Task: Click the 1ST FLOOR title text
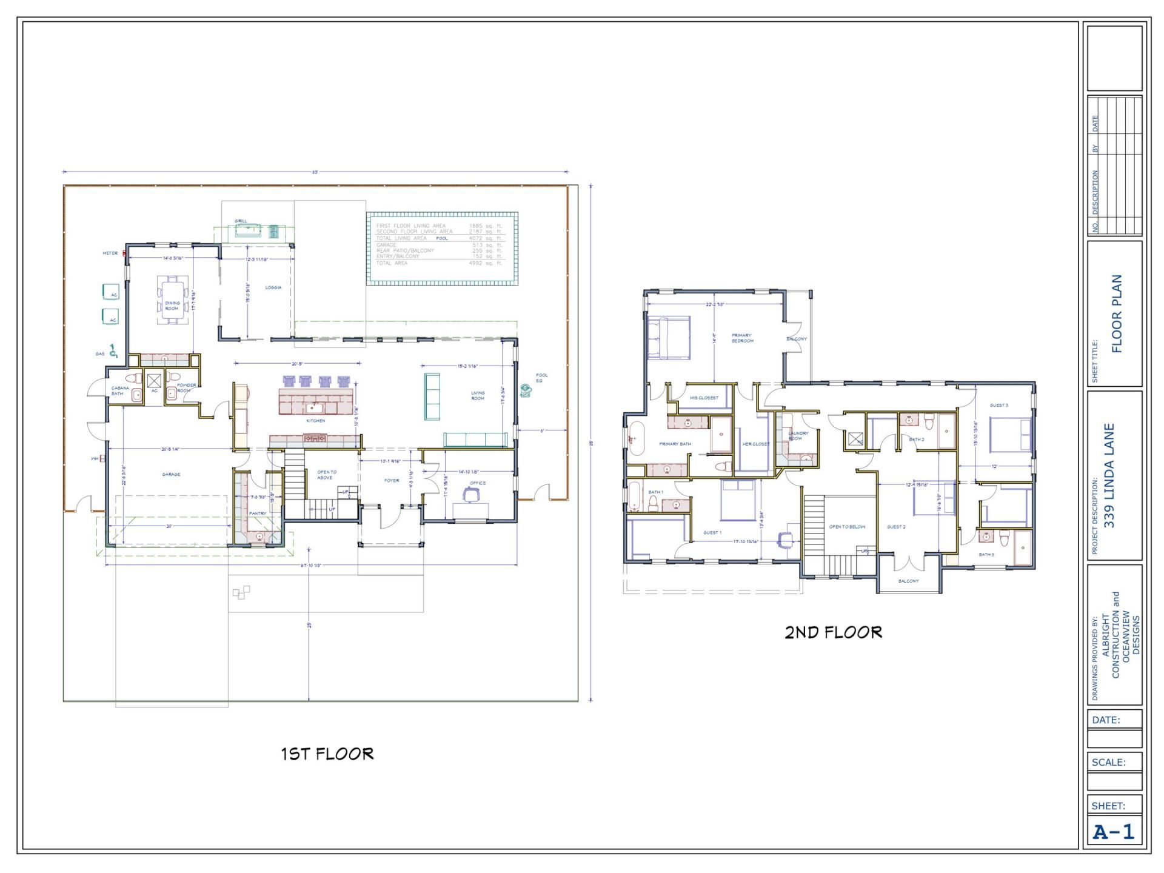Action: pos(327,754)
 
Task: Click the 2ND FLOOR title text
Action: pos(833,633)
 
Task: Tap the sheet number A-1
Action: pos(1113,832)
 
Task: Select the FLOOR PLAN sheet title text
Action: pos(1117,313)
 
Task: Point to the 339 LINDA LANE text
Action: pos(1110,475)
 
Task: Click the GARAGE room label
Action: pos(171,475)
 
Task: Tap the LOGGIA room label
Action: pos(273,287)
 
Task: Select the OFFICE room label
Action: pos(478,483)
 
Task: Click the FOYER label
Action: pos(392,481)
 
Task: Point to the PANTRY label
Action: pos(258,513)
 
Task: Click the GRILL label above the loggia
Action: pos(241,221)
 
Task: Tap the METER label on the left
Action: pos(110,253)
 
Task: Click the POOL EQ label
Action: pos(541,378)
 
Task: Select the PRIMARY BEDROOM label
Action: pos(742,338)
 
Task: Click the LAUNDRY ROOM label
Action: pos(798,436)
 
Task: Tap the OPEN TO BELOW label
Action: pos(847,527)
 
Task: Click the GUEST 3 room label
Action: pos(998,406)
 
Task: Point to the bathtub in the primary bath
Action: pos(635,438)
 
